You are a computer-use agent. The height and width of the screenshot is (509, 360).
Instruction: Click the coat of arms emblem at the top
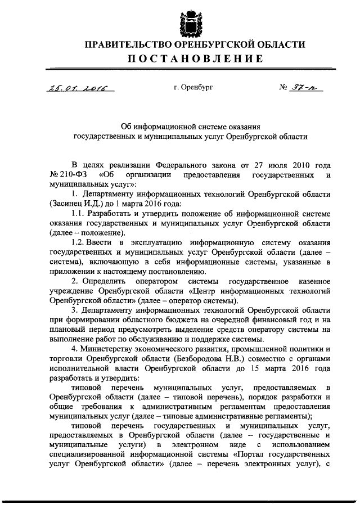(188, 20)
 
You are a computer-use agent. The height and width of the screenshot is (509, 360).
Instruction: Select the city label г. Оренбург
(193, 87)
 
